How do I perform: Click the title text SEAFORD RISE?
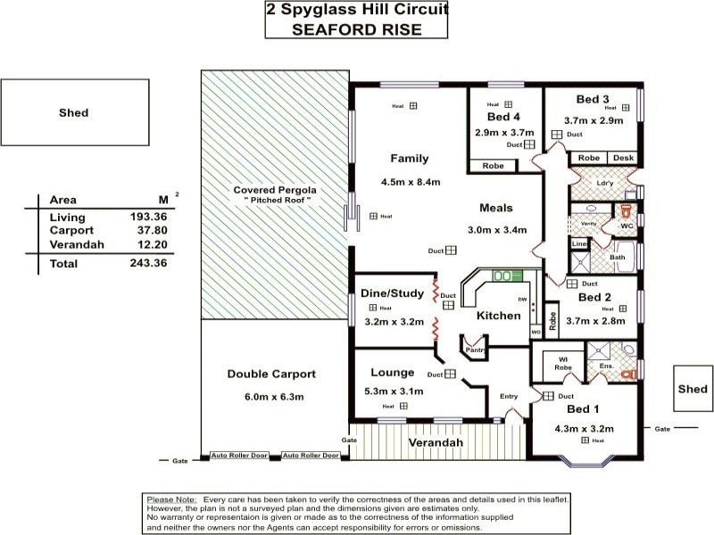click(357, 29)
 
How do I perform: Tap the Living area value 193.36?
click(148, 218)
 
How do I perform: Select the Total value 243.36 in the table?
click(148, 264)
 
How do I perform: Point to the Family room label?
click(410, 159)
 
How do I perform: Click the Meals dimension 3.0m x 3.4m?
click(497, 230)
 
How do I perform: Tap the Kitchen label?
click(498, 317)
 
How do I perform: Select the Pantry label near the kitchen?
click(474, 350)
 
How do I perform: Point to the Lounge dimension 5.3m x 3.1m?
click(393, 391)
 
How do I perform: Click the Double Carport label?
click(271, 374)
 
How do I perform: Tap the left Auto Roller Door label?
click(238, 456)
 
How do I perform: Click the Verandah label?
click(436, 443)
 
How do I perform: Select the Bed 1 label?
click(584, 408)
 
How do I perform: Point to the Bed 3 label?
click(593, 99)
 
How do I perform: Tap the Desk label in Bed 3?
click(623, 158)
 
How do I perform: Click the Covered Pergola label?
click(274, 190)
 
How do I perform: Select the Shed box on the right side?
click(693, 390)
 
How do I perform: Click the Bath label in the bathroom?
click(617, 258)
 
